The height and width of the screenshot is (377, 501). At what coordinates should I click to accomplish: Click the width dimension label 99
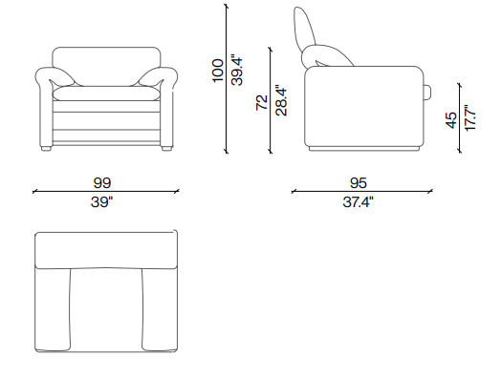click(102, 182)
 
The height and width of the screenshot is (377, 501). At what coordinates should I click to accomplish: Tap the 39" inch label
click(102, 202)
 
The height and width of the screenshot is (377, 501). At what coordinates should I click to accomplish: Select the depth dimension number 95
click(359, 182)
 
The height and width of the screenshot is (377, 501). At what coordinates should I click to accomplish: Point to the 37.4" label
click(359, 202)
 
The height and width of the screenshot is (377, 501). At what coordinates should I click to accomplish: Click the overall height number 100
click(218, 71)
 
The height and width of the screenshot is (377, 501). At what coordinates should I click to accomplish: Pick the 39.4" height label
click(237, 72)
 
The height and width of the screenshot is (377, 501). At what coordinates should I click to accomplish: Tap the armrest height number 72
click(262, 102)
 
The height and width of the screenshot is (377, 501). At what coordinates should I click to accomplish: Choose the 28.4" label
click(281, 100)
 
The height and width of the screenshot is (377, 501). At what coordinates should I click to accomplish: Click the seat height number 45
click(451, 120)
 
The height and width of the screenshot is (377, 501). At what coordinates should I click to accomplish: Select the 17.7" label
click(470, 117)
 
